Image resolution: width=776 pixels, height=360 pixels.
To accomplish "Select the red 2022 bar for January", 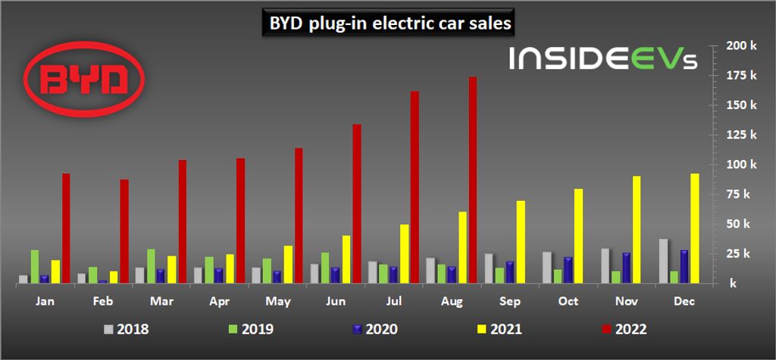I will tap(66, 228).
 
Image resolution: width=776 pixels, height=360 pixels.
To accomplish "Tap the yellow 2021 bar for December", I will tap(695, 228).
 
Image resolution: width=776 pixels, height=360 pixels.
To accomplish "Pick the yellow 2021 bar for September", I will tap(521, 242).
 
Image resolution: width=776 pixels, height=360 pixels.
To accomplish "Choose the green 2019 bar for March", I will tap(152, 265).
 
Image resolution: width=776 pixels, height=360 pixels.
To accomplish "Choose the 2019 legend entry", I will tap(253, 330).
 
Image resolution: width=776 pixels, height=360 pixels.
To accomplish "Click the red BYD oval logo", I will tap(84, 79).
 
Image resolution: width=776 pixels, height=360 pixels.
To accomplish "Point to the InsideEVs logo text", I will tap(602, 59).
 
